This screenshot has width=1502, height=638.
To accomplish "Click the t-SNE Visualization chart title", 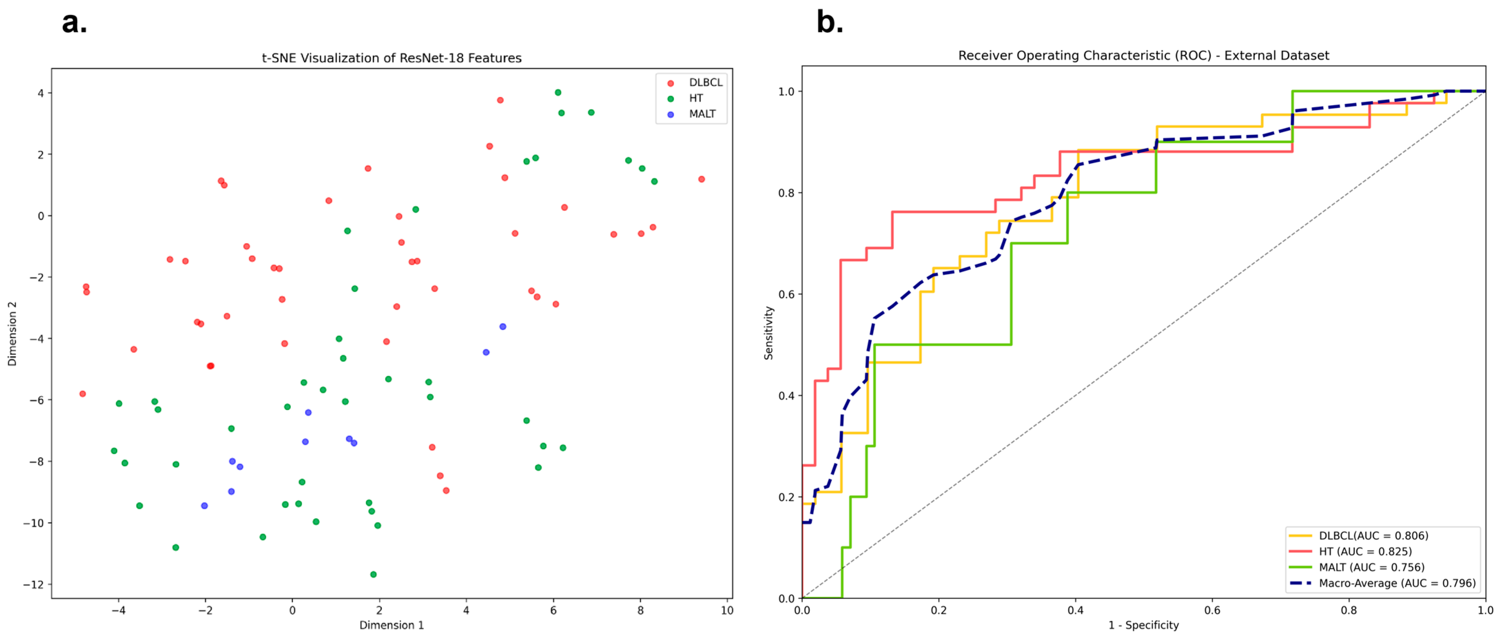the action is tap(391, 58).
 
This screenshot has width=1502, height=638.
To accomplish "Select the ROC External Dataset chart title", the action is tap(1143, 55).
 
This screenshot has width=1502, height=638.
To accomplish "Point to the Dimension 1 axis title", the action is tap(391, 625).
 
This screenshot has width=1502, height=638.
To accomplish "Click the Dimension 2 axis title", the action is tap(12, 334).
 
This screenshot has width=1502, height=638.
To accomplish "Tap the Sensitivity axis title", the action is tap(769, 333).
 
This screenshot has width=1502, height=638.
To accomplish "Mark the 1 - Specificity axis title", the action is tap(1143, 625).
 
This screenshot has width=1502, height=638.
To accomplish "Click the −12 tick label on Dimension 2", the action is tap(33, 584).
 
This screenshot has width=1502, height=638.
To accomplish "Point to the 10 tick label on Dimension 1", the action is tap(727, 610).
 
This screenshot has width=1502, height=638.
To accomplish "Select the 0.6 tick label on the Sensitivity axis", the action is tap(786, 294).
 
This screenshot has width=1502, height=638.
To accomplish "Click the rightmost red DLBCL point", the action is tap(701, 179).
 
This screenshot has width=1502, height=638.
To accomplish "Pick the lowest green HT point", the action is tap(373, 575).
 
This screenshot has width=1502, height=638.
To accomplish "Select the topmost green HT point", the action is tap(558, 92).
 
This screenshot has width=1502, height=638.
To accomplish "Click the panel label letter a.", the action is tap(75, 23).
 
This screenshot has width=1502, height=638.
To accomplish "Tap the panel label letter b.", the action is tap(830, 22).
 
